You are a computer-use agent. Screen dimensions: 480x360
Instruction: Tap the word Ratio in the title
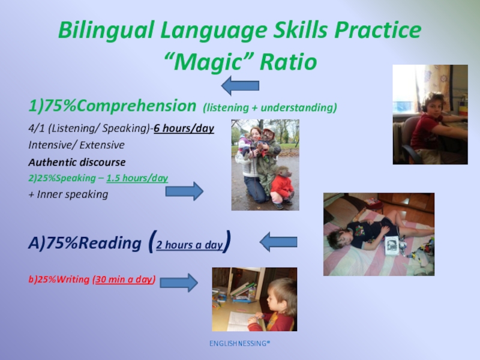point(288,62)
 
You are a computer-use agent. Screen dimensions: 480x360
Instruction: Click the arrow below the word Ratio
point(240,86)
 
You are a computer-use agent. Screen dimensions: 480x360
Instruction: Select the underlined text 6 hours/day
point(184,128)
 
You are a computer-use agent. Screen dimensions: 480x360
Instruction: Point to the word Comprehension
point(137,106)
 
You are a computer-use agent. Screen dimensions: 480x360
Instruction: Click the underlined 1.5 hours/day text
point(137,178)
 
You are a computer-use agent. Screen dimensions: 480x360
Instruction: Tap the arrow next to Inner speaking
point(184,191)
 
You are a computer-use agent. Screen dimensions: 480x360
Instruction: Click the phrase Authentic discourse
point(77,162)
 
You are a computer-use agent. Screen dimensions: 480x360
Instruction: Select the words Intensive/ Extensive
point(76,145)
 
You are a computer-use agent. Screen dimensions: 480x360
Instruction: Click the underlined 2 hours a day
point(190,245)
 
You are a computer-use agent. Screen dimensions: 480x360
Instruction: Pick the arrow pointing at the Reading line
point(278,242)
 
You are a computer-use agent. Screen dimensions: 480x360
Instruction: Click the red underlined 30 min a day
point(124,279)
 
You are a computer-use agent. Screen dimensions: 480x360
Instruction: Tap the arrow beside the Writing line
point(179,283)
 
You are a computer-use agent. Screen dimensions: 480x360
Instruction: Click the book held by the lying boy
point(392,245)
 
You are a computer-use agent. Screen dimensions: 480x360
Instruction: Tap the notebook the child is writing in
point(242,321)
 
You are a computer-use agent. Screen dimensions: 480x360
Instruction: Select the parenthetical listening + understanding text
point(269,108)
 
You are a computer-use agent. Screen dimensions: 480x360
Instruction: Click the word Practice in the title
point(378,30)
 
